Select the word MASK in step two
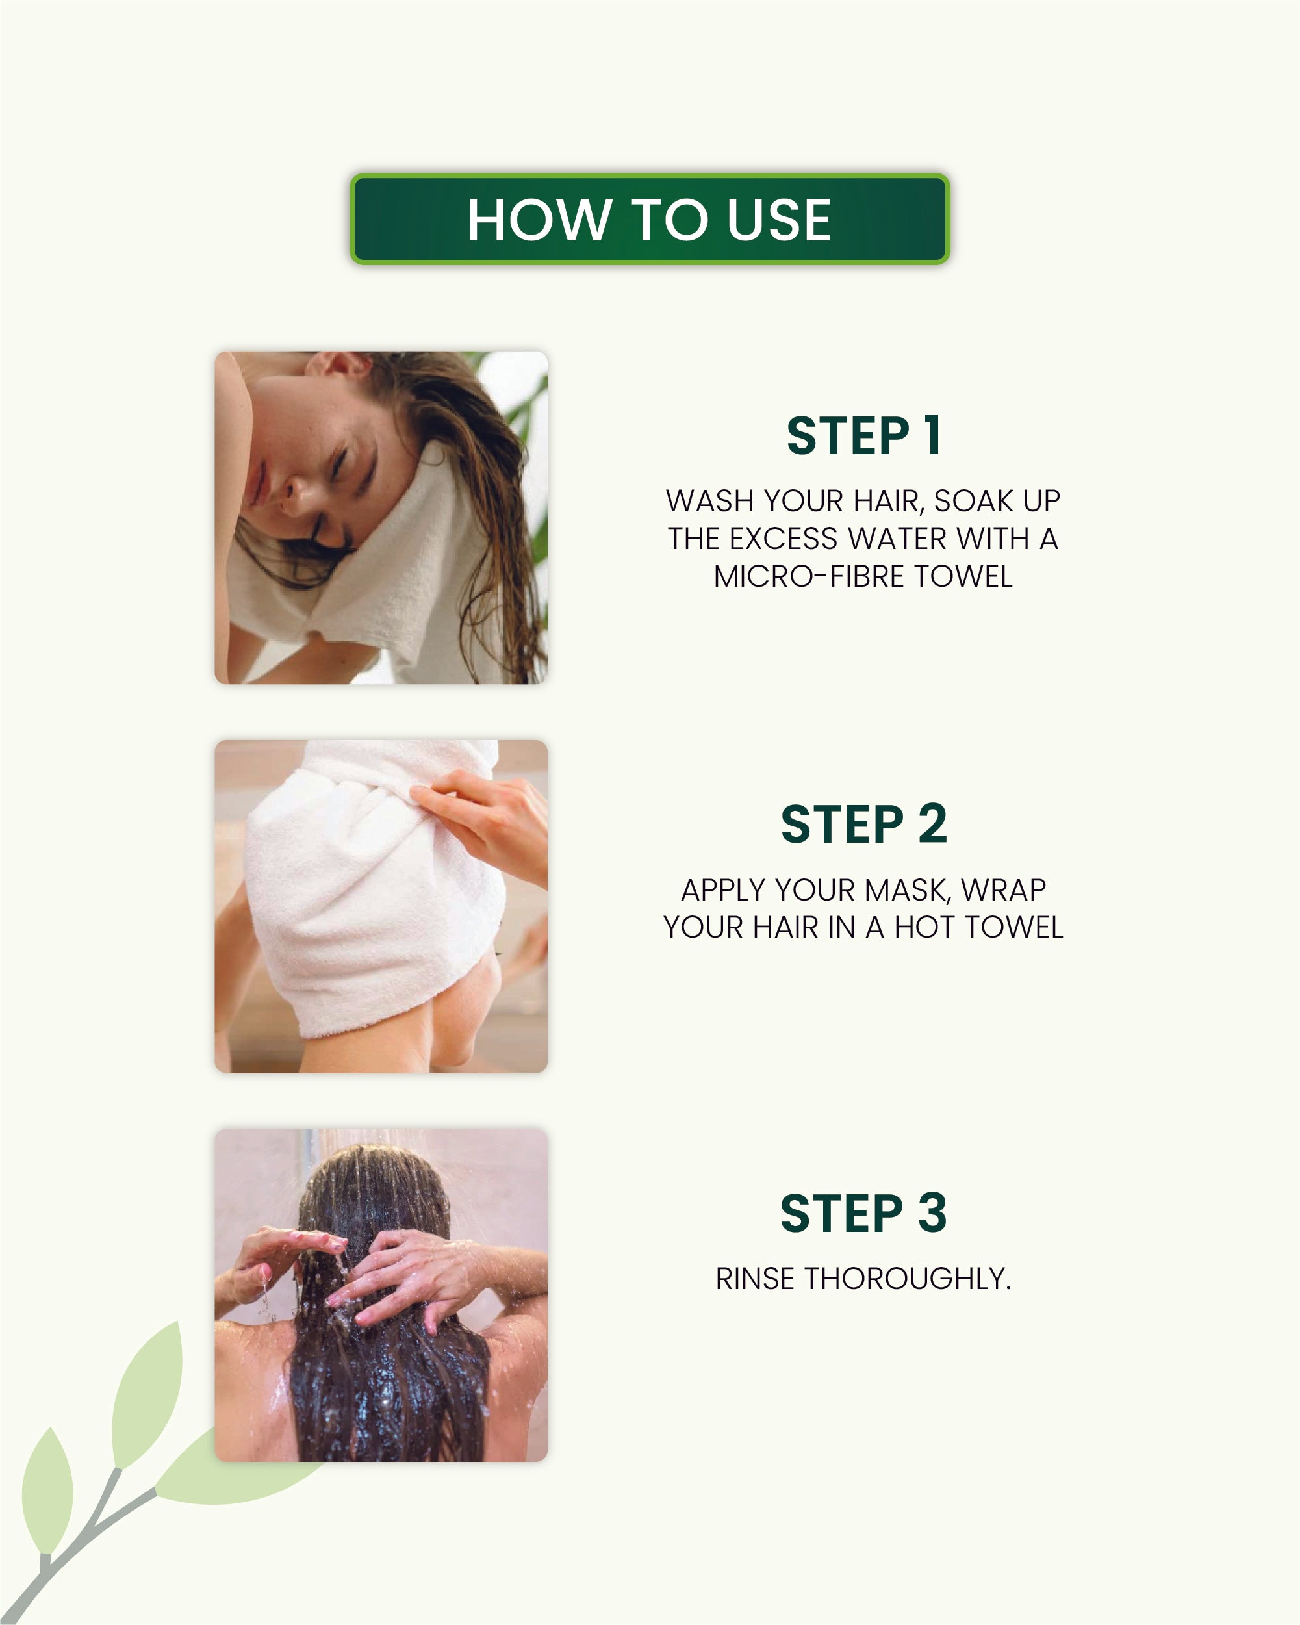908,890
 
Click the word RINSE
754,1279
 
